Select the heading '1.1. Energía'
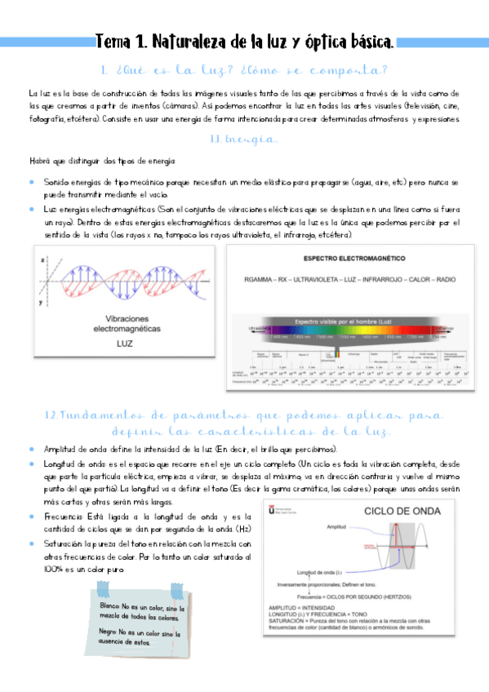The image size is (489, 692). pyautogui.click(x=244, y=140)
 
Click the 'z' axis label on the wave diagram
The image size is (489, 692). pyautogui.click(x=42, y=259)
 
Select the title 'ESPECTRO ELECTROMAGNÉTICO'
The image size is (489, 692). pyautogui.click(x=353, y=258)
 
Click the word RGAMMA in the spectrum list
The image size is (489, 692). pyautogui.click(x=261, y=279)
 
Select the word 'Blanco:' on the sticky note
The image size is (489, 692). pyautogui.click(x=110, y=608)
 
